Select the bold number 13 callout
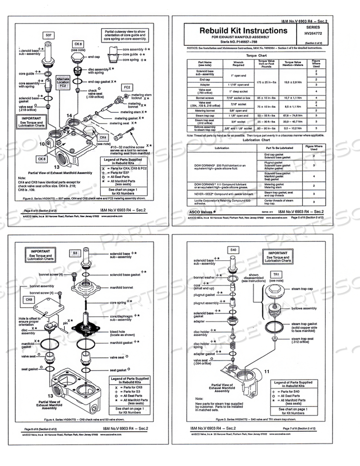[51, 395]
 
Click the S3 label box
[75, 253]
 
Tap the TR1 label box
[277, 274]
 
